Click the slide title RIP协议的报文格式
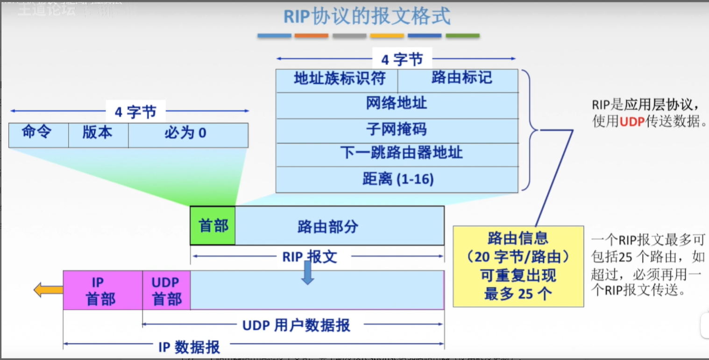coord(367,17)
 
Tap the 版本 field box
coord(98,134)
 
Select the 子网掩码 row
coord(397,130)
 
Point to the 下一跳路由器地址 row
coord(397,154)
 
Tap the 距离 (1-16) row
coord(397,180)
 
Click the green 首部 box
coord(213,226)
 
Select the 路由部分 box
coord(339,226)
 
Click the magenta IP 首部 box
coord(103,290)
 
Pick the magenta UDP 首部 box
coord(166,290)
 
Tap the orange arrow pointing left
coord(48,290)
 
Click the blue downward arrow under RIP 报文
coord(307,274)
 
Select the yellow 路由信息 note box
coord(518,266)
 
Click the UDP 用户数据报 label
coord(296,325)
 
